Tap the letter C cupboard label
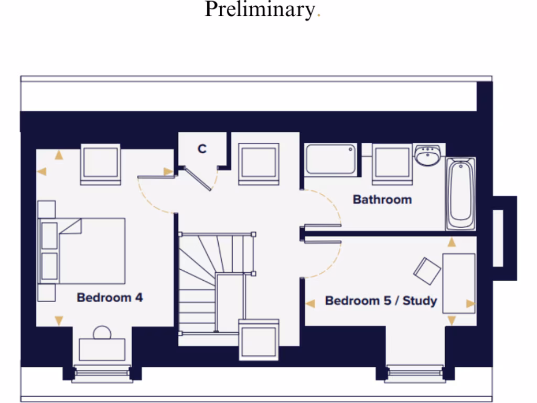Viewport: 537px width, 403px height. coord(202,149)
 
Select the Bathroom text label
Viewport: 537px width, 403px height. coord(382,199)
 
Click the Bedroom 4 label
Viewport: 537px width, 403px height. coord(110,298)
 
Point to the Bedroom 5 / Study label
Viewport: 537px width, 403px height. coord(381,301)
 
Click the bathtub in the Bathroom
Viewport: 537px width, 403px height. coord(460,193)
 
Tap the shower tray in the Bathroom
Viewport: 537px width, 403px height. coord(331,160)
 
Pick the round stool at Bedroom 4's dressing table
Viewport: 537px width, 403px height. coord(102,333)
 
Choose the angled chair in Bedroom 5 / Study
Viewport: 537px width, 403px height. coord(427,271)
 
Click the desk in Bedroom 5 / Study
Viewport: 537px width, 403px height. coord(459,283)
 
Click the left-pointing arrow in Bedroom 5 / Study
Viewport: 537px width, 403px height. coord(310,303)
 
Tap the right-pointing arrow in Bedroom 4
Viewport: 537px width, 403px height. coord(168,172)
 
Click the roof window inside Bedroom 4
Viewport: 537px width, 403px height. coord(100,164)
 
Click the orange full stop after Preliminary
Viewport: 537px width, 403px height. coord(318,16)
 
